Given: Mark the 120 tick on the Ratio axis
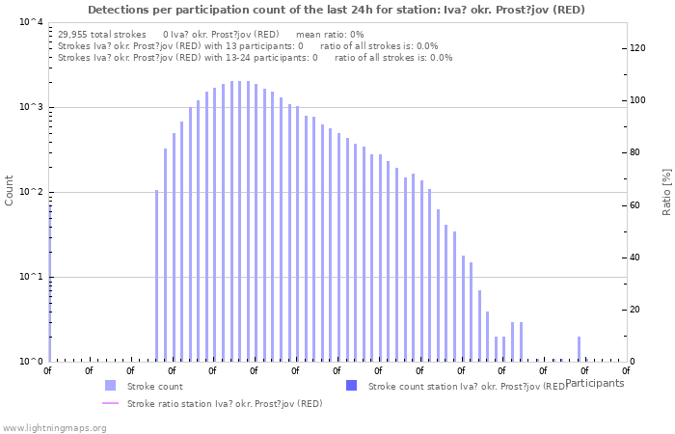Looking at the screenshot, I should pos(636,48).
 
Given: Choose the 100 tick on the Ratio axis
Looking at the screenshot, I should pos(636,100).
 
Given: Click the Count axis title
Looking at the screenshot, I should pos(10,190).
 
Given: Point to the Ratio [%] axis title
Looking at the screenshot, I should pos(665,191).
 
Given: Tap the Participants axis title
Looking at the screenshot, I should pos(595,383).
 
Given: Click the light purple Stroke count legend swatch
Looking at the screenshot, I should pos(110,386).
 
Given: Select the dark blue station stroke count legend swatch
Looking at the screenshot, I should pos(351,386).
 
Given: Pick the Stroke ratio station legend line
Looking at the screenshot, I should pos(110,403).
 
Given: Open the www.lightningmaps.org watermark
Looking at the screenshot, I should pos(54,427).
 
